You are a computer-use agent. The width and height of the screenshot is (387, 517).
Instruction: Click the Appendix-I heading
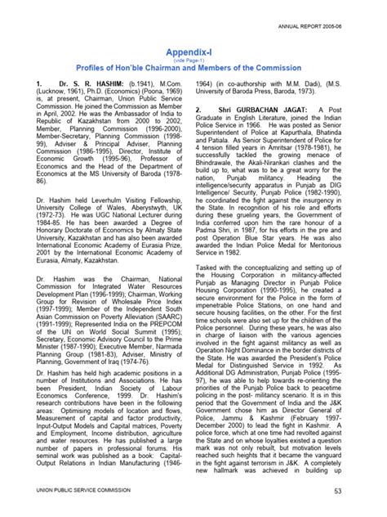(193, 49)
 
